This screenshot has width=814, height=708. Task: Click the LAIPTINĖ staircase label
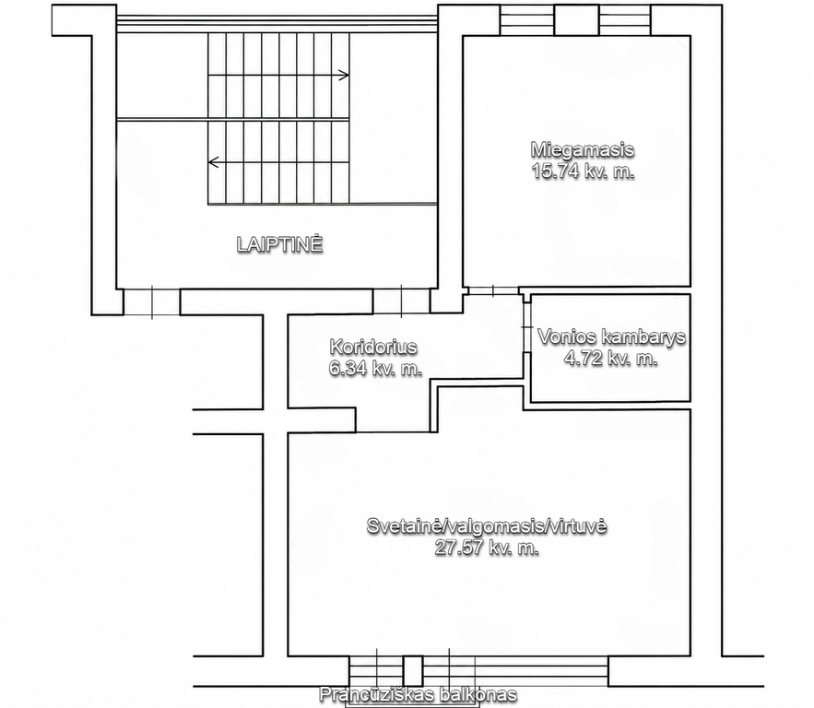[x=280, y=244]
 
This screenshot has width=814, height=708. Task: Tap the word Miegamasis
[x=583, y=149]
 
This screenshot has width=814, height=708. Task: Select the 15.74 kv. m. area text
[x=583, y=171]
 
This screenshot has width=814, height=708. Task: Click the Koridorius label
[x=373, y=347]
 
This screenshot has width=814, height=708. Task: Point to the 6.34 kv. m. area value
[x=375, y=368]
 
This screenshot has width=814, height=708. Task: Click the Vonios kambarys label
[x=611, y=336]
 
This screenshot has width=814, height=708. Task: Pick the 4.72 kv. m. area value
[x=611, y=359]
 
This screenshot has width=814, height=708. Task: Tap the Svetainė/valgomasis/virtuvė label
[x=487, y=525]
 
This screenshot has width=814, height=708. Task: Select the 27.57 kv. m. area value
[x=487, y=548]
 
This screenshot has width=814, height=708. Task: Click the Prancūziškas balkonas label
[x=418, y=693]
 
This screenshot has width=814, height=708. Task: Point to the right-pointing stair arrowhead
[x=344, y=76]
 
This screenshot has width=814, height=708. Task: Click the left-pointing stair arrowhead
[x=213, y=162]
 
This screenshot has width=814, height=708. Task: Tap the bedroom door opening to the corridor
[x=491, y=290]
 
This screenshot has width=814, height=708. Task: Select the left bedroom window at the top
[x=527, y=20]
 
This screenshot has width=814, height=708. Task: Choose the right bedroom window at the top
[x=625, y=20]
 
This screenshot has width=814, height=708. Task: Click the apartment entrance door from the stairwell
[x=401, y=301]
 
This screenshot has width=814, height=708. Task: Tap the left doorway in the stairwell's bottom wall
[x=151, y=301]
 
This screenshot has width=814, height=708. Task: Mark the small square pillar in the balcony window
[x=413, y=670]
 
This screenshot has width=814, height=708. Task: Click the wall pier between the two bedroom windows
[x=577, y=20]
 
